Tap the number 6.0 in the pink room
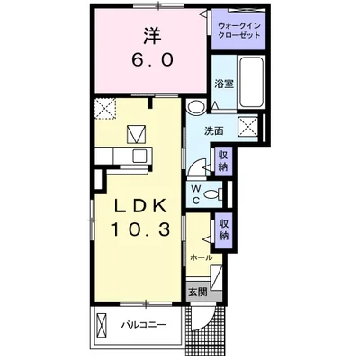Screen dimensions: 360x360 152,60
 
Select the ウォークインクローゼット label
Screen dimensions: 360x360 238,31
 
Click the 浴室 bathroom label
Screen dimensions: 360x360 224,85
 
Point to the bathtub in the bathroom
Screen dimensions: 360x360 251,82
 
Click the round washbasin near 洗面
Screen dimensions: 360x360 195,107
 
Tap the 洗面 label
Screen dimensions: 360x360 214,130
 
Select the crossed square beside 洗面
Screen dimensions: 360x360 247,126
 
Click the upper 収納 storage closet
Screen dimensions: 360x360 223,161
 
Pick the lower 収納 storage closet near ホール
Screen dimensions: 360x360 224,229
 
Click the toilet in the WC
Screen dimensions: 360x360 213,194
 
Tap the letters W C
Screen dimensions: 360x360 195,194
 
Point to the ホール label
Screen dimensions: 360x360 202,257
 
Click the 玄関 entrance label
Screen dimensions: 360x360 198,292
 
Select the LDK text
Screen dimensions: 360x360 141,206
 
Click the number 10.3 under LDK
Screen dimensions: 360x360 141,229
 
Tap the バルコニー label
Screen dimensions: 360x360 143,325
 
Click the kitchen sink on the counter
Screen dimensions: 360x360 139,156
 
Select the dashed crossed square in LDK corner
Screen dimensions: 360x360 105,109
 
